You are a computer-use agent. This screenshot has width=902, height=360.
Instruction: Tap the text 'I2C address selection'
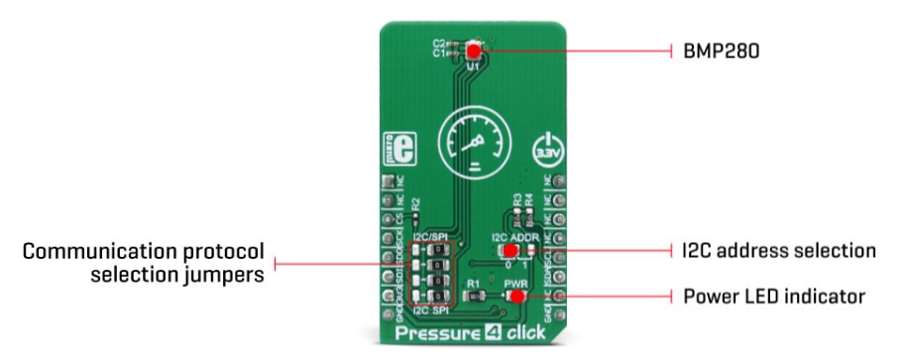click(x=778, y=250)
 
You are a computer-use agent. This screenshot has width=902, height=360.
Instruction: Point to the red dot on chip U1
click(x=473, y=51)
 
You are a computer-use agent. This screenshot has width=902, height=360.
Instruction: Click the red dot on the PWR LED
click(x=516, y=297)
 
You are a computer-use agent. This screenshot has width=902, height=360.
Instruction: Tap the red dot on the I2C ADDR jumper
click(x=511, y=251)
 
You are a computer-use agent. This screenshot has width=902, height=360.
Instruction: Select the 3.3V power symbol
click(x=545, y=151)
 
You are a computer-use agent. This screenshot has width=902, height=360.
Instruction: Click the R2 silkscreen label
click(x=415, y=201)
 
